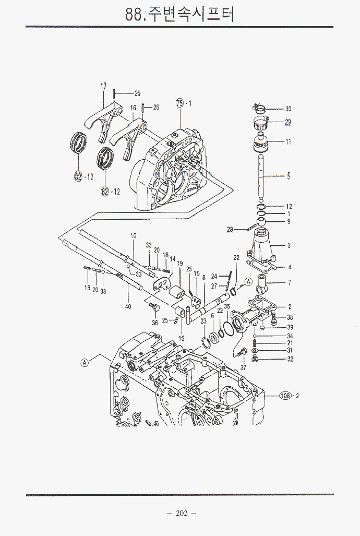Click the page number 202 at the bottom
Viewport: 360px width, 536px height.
coord(181,514)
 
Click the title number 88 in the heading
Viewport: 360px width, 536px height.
coord(132,14)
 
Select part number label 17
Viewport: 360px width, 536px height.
coord(103,86)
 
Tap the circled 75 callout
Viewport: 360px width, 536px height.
coord(180,103)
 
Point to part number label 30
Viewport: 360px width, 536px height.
coord(288,109)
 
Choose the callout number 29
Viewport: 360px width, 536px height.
coord(288,123)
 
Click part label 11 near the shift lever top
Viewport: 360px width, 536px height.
coord(288,141)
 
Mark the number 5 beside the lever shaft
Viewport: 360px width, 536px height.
coord(289,176)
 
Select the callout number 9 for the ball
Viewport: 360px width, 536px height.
coord(289,222)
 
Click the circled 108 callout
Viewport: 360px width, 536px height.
coord(285,395)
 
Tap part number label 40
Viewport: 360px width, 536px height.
coord(128,307)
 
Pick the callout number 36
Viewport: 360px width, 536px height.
coord(155,323)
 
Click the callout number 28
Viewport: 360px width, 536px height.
coord(244,229)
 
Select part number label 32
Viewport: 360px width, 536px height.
coord(290,359)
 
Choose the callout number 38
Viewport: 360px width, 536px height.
coord(290,317)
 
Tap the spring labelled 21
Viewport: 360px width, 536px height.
coord(255,344)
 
